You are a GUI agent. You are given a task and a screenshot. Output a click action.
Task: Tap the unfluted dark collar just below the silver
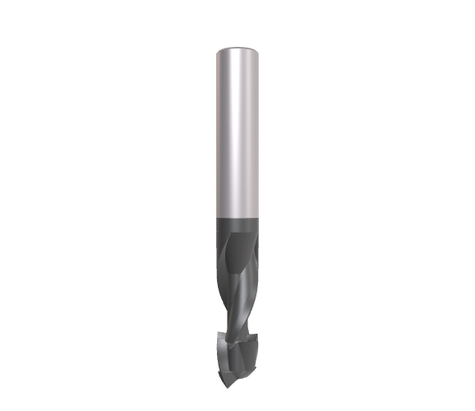(x=237, y=229)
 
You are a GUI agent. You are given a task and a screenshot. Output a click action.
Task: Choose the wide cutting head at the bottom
(x=237, y=349)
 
